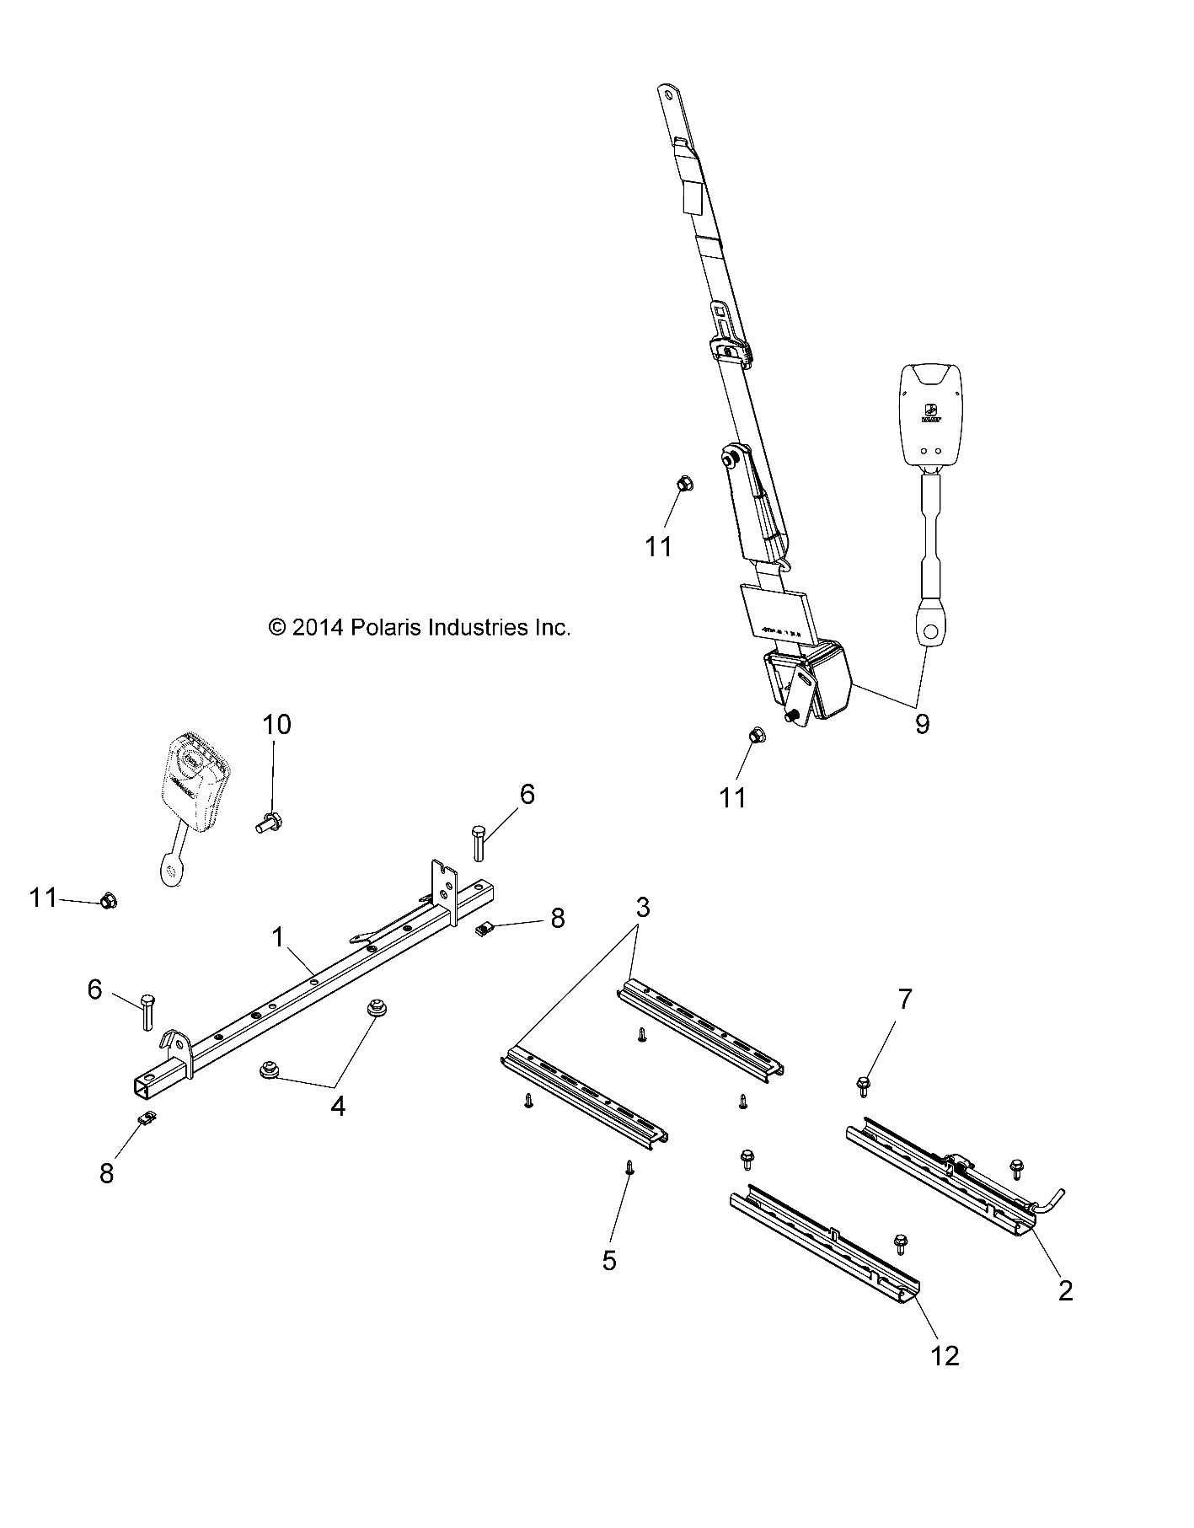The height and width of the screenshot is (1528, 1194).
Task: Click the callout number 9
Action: click(x=922, y=723)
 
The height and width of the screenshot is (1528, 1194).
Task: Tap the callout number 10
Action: click(x=276, y=724)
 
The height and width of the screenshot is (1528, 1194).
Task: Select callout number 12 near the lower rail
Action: click(x=946, y=1355)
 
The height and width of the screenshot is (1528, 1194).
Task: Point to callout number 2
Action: click(x=1065, y=1290)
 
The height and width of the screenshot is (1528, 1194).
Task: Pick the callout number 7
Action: click(x=904, y=1000)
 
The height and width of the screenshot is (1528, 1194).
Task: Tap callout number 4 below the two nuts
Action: click(x=338, y=1107)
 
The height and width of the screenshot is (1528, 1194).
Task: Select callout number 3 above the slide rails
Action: click(x=642, y=908)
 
